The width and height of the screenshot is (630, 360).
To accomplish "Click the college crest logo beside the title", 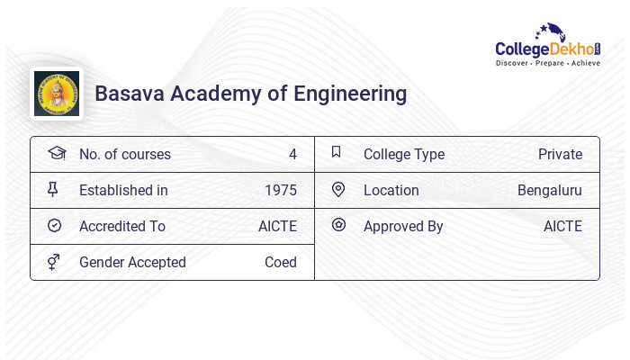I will point(56,94).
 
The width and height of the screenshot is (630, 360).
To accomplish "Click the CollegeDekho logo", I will point(547,47).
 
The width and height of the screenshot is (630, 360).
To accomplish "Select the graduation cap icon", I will point(56,154).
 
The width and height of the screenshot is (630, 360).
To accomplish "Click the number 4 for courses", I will point(292,155).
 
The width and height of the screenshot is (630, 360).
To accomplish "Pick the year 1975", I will point(281,191).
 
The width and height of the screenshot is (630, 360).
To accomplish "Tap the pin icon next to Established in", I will point(54,190).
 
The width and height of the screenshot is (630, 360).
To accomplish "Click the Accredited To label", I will point(122,227).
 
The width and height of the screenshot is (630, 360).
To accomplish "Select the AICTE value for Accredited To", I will point(277,227).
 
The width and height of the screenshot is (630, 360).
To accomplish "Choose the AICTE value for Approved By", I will point(562,227).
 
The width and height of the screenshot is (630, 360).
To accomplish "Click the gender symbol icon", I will point(54,262).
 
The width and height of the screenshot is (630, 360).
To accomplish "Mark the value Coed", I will point(280,263).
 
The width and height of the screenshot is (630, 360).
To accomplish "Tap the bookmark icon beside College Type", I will point(337,153).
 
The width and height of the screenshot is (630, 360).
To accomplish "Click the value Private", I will point(560,155).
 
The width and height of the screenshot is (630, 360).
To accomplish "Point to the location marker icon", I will point(337,190).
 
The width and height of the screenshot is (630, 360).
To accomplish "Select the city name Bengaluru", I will point(549,191).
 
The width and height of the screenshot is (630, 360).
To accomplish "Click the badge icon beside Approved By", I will point(338,225).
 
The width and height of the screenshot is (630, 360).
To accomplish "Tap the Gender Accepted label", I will point(132,263).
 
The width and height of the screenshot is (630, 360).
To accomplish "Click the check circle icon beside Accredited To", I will point(54,226).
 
